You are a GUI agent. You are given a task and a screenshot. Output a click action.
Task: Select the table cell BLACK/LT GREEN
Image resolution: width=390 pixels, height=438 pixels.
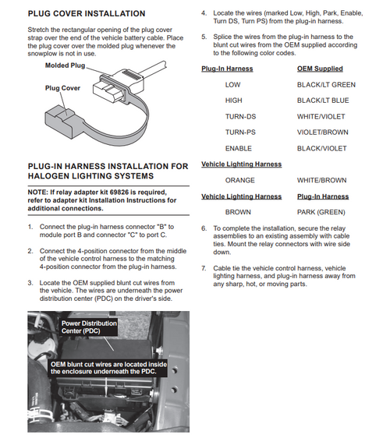(x=326, y=84)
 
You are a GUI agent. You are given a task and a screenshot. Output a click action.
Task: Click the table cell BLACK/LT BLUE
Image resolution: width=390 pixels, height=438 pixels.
(x=323, y=101)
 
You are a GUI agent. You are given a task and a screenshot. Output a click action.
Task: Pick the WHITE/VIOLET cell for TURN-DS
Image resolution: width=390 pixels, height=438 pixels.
(x=321, y=116)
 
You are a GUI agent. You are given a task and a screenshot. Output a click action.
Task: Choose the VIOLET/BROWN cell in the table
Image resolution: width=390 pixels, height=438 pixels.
(x=322, y=132)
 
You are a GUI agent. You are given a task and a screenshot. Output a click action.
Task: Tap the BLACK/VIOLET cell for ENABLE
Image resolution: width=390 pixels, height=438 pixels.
(x=321, y=148)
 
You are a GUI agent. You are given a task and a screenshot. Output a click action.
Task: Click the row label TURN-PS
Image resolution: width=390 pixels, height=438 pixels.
(x=241, y=132)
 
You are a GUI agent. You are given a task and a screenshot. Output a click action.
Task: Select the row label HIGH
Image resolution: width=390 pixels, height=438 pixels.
(x=233, y=101)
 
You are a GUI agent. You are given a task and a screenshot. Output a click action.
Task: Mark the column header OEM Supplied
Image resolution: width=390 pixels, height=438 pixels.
(x=320, y=69)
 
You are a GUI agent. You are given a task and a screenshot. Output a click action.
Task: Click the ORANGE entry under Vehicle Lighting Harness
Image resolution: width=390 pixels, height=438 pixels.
(x=239, y=180)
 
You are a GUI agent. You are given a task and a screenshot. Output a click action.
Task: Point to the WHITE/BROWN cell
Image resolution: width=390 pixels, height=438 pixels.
(x=321, y=180)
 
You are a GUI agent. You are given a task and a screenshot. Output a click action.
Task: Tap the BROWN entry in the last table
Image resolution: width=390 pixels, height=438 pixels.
(x=238, y=212)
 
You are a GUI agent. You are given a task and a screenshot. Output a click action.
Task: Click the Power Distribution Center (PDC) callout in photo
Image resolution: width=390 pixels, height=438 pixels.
(x=89, y=327)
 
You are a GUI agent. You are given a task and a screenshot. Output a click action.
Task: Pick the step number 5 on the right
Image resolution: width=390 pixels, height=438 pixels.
(x=204, y=37)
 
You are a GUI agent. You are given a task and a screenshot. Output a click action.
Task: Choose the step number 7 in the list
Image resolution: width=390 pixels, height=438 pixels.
(x=204, y=268)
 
